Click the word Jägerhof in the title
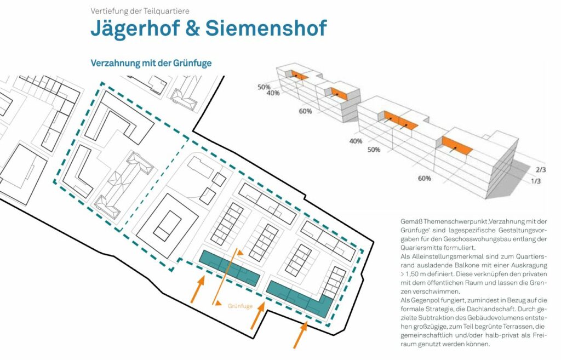135,28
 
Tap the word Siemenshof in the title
266,28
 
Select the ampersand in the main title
192,28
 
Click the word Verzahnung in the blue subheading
111,64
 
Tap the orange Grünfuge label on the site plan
240,306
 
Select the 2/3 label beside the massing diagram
541,170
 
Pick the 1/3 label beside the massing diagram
535,181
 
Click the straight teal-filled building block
230,268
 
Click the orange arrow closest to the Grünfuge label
257,316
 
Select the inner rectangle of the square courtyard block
168,226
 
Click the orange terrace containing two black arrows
400,120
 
